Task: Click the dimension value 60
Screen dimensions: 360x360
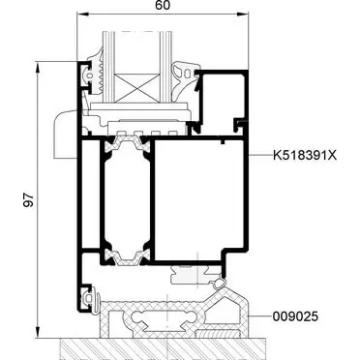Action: tap(163, 6)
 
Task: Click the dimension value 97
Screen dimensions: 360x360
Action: tap(29, 200)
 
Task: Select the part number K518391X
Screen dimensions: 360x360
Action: tap(305, 156)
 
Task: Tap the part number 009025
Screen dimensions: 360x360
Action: tap(295, 316)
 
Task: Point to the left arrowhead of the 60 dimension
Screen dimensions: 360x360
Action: tap(82, 14)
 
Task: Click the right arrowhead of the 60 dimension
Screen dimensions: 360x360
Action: tap(243, 14)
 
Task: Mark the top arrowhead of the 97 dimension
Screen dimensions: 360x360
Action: tap(38, 68)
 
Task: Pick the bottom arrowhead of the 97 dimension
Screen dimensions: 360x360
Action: tap(38, 332)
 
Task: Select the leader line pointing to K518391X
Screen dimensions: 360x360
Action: tap(260, 156)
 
